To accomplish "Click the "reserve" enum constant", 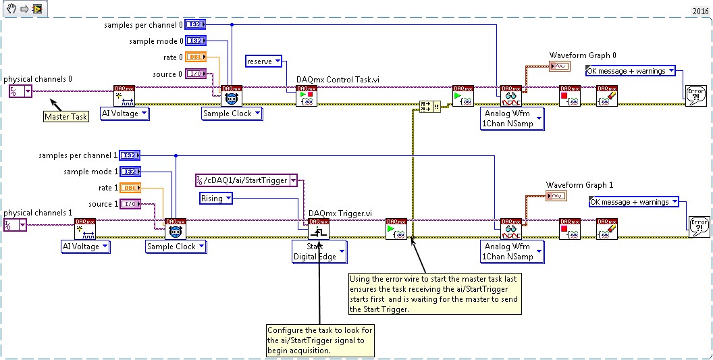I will pos(264,61).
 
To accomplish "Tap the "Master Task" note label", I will pos(66,116).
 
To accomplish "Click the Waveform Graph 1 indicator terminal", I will pos(556,196).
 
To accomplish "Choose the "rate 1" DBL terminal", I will pos(130,188).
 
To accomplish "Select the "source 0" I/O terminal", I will pos(196,74).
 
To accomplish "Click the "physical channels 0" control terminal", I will pos(20,91).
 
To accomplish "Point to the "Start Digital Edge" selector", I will pos(318,251).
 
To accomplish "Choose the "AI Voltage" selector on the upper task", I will pos(125,113).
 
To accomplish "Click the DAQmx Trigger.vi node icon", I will pos(319,230).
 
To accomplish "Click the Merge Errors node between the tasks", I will pos(429,105).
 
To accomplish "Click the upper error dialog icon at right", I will pos(696,95).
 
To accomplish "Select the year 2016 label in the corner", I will pos(700,11).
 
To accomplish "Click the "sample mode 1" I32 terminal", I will pos(130,172).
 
